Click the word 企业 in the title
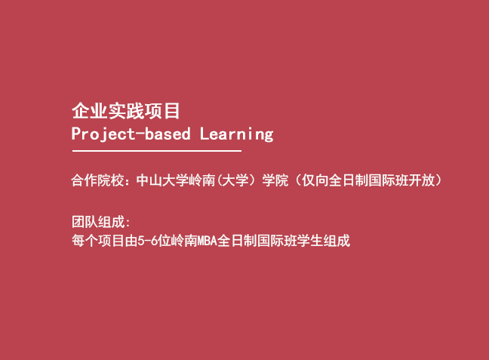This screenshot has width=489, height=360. [90, 111]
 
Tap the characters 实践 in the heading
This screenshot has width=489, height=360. [126, 111]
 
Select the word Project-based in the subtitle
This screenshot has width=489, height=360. [131, 134]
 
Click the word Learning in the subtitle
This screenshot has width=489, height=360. [237, 134]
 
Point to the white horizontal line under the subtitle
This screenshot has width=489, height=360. [157, 151]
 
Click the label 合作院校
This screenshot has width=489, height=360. [97, 180]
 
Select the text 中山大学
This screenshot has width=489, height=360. [162, 180]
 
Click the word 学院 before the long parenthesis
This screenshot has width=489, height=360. [275, 180]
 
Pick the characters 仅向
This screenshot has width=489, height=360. [315, 180]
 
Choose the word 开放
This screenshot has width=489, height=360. [422, 180]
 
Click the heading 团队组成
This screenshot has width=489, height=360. [98, 222]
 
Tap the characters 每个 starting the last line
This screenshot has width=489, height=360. [85, 241]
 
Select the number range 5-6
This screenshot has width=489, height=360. [147, 241]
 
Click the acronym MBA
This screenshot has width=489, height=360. [207, 241]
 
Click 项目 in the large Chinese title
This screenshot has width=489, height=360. [162, 111]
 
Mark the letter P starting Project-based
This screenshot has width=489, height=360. [76, 133]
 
